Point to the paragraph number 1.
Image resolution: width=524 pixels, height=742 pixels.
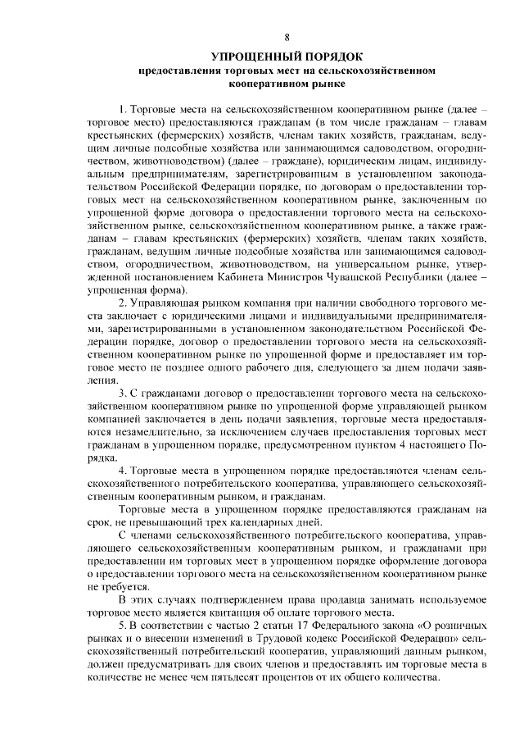coord(123,108)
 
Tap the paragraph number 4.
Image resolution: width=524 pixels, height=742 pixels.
coord(123,471)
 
